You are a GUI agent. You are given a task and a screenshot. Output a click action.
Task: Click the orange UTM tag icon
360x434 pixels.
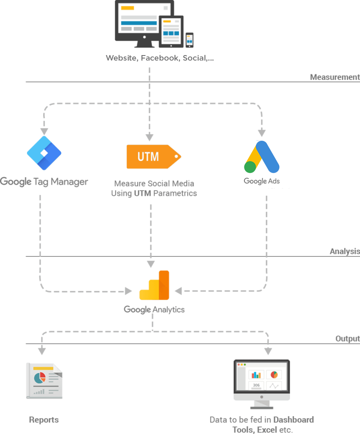(154, 156)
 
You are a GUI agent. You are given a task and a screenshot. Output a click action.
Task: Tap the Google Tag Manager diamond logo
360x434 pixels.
(44, 153)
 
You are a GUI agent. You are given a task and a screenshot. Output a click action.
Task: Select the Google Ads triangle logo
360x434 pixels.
(262, 157)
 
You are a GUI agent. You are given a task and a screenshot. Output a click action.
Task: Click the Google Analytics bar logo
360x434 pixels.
(154, 285)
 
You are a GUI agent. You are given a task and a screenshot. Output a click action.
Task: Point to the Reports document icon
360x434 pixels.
(44, 381)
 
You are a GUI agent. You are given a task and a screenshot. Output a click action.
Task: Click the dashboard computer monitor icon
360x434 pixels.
(262, 384)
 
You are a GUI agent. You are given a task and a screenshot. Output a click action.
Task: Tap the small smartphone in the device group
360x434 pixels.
(189, 40)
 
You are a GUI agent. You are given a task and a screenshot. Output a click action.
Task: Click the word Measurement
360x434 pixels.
(335, 77)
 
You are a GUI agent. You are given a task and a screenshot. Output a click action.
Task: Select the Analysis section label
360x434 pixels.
(345, 251)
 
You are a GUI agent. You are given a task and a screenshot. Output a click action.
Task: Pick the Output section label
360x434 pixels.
(348, 339)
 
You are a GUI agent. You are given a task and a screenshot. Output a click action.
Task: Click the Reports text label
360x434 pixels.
(44, 420)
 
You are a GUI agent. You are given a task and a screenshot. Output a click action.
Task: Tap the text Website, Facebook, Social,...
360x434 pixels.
(160, 58)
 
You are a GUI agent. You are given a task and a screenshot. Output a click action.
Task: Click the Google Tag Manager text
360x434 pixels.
(44, 182)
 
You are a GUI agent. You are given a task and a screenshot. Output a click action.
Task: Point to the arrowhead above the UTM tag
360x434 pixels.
(150, 137)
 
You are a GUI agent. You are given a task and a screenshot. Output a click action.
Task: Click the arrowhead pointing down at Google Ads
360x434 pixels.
(262, 133)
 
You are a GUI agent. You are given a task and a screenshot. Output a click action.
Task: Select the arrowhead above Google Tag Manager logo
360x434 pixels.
(44, 131)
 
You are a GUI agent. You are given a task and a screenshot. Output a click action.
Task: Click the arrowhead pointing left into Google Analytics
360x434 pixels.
(178, 291)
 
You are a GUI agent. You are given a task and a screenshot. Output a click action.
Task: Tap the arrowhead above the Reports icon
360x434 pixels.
(42, 351)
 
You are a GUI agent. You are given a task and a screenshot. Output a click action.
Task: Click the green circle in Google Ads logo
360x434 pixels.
(250, 167)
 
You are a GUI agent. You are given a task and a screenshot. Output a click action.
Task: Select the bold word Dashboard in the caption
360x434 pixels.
(294, 420)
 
